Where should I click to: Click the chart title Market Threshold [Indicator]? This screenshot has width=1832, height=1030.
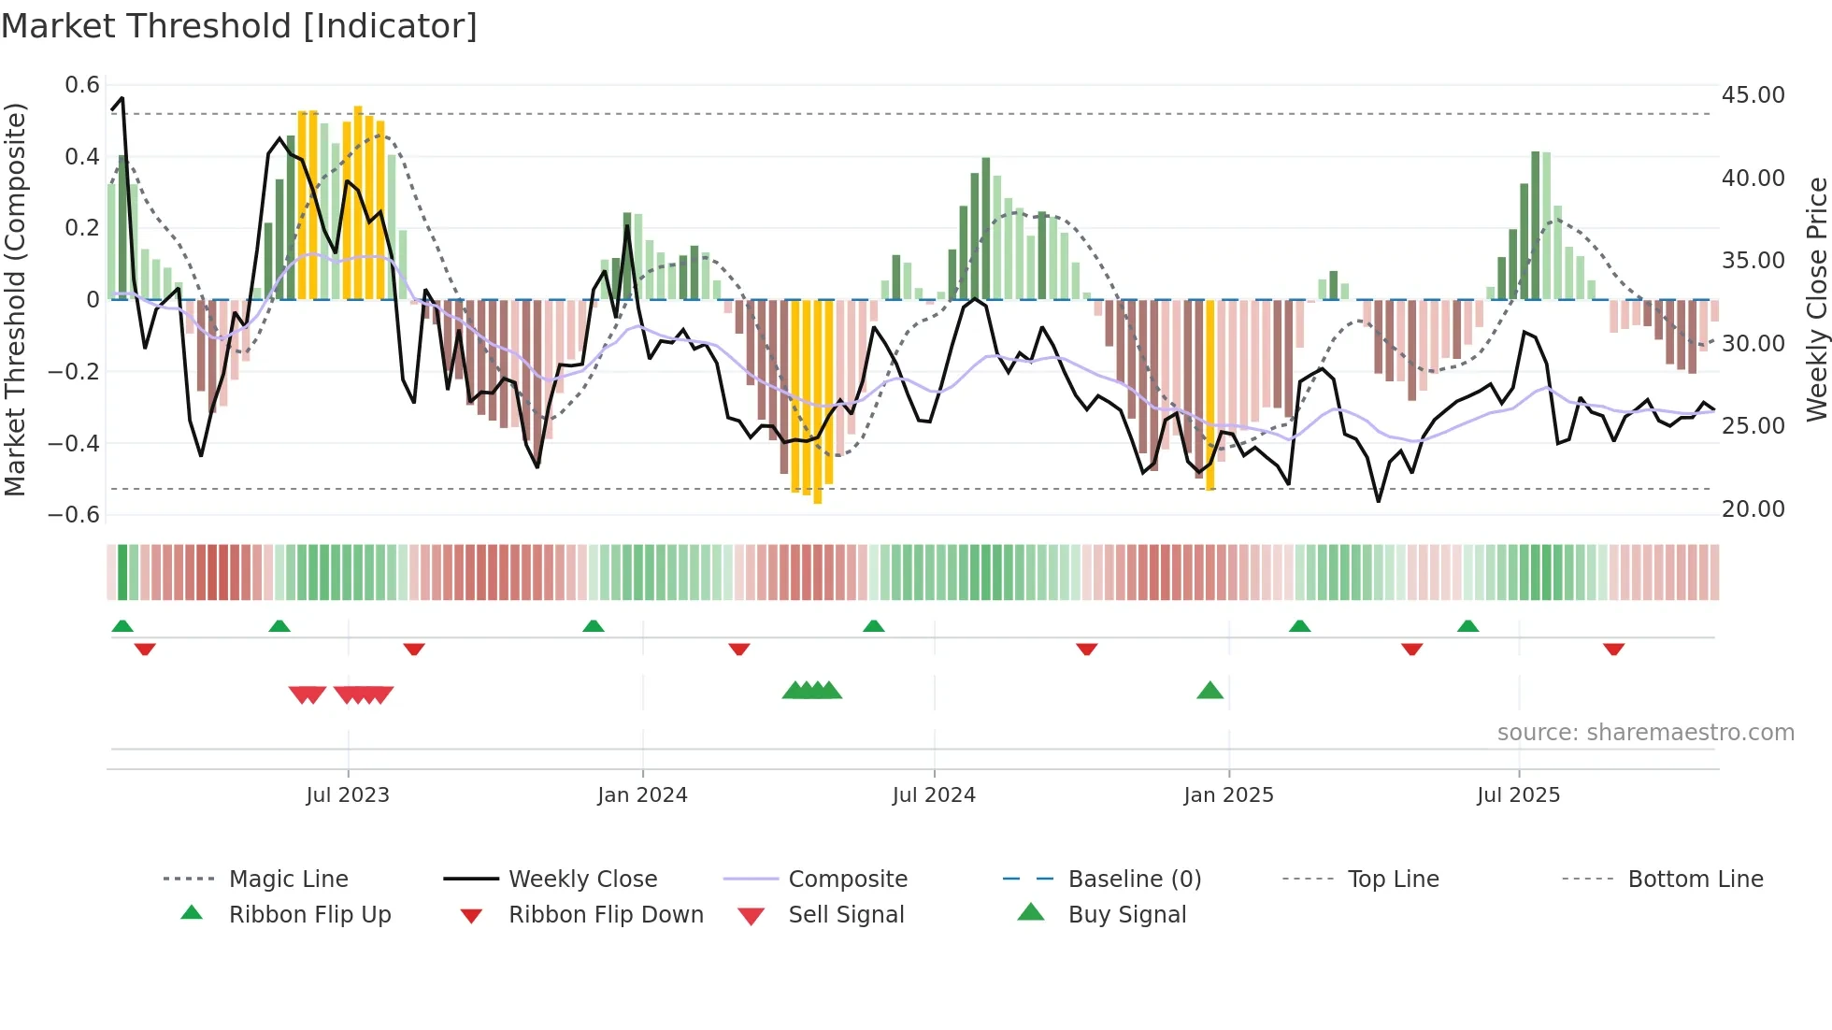[x=239, y=26]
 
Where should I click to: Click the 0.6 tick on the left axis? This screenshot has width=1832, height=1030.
[x=82, y=85]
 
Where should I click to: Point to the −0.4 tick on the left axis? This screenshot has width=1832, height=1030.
[x=74, y=443]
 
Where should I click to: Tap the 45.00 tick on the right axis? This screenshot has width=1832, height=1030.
[x=1753, y=95]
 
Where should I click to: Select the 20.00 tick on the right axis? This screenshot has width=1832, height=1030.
[x=1753, y=509]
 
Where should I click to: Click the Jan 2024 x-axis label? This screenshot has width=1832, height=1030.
[x=642, y=795]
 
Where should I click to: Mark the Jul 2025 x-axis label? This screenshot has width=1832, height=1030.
[x=1518, y=795]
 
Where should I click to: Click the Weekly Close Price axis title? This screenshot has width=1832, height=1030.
[x=1816, y=299]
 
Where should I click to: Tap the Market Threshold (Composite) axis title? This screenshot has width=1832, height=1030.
[x=15, y=299]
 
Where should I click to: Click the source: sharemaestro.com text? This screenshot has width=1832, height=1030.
[x=1645, y=733]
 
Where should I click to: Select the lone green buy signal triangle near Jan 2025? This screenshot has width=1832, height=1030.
[x=1209, y=691]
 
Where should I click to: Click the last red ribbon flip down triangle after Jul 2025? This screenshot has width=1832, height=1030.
[x=1613, y=649]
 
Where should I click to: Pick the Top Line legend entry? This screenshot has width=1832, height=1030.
[x=1393, y=880]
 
